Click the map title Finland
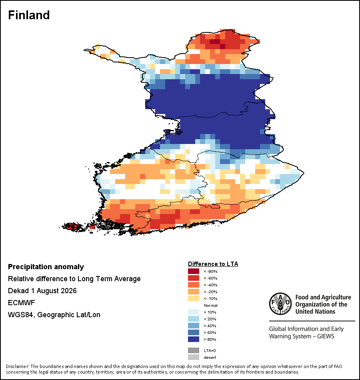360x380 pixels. pyautogui.click(x=29, y=15)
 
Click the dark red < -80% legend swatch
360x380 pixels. pyautogui.click(x=194, y=271)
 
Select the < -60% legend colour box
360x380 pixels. pyautogui.click(x=194, y=278)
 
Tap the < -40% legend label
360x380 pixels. pyautogui.click(x=210, y=285)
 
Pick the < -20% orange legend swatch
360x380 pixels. pyautogui.click(x=194, y=292)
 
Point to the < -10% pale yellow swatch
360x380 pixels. pyautogui.click(x=194, y=298)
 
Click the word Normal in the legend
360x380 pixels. pyautogui.click(x=211, y=305)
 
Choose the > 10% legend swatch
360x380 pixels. pyautogui.click(x=194, y=312)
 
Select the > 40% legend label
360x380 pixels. pyautogui.click(x=210, y=326)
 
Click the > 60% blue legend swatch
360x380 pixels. pyautogui.click(x=194, y=332)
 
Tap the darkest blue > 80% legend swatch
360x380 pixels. pyautogui.click(x=194, y=339)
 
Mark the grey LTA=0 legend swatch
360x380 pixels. pyautogui.click(x=194, y=350)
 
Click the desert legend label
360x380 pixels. pyautogui.click(x=210, y=358)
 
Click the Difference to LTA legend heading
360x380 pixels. pyautogui.click(x=213, y=264)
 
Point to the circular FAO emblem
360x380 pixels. pyautogui.click(x=280, y=304)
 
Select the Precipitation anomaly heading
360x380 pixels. pyautogui.click(x=46, y=267)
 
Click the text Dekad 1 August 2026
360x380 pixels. pyautogui.click(x=42, y=291)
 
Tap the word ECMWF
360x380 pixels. pyautogui.click(x=22, y=303)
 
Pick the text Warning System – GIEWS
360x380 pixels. pyautogui.click(x=302, y=336)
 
